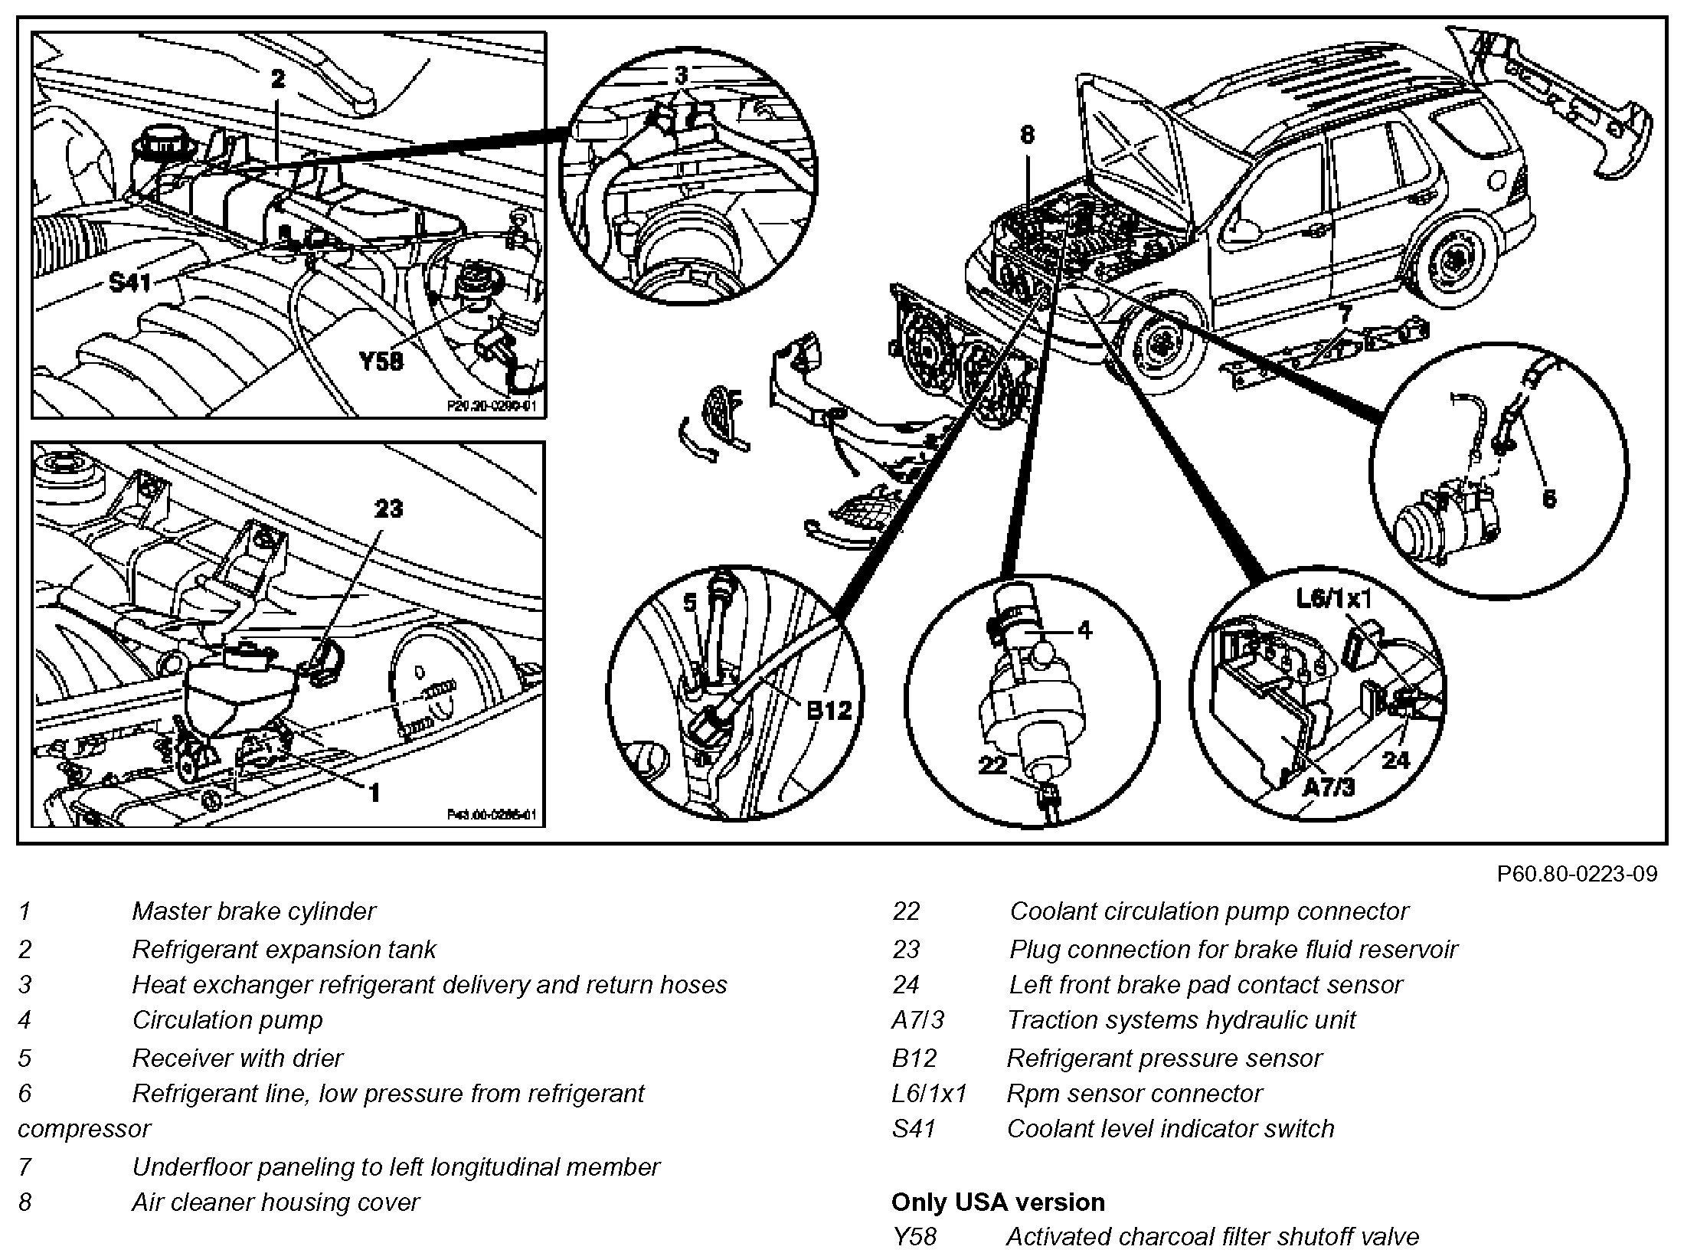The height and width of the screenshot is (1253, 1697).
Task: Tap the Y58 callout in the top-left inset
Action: pyautogui.click(x=381, y=360)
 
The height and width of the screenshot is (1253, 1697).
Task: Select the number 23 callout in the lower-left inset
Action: pyautogui.click(x=389, y=509)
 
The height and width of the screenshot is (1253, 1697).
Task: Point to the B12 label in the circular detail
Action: pyautogui.click(x=829, y=710)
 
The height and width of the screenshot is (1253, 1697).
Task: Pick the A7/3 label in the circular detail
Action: pyautogui.click(x=1328, y=787)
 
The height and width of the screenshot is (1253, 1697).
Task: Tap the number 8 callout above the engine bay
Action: pyautogui.click(x=1027, y=136)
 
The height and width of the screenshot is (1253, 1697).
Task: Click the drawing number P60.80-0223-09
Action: pyautogui.click(x=1577, y=874)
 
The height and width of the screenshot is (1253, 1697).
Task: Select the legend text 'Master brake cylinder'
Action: pyautogui.click(x=253, y=911)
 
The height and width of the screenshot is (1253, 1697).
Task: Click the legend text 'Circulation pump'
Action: pyautogui.click(x=227, y=1019)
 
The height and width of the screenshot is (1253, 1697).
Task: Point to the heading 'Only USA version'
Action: pyautogui.click(x=998, y=1202)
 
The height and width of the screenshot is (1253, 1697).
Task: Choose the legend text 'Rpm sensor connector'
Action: pyautogui.click(x=1134, y=1093)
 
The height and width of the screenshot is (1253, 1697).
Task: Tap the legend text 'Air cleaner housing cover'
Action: pyautogui.click(x=276, y=1202)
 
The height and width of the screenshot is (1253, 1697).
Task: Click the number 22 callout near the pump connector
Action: pyautogui.click(x=992, y=764)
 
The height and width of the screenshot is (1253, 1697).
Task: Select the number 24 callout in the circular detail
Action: pyautogui.click(x=1396, y=760)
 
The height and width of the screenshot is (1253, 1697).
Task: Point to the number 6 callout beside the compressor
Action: pyautogui.click(x=1549, y=499)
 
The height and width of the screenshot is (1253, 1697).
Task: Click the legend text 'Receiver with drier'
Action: pyautogui.click(x=237, y=1058)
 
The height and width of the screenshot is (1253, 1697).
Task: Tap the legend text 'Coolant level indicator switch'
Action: pyautogui.click(x=1170, y=1128)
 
